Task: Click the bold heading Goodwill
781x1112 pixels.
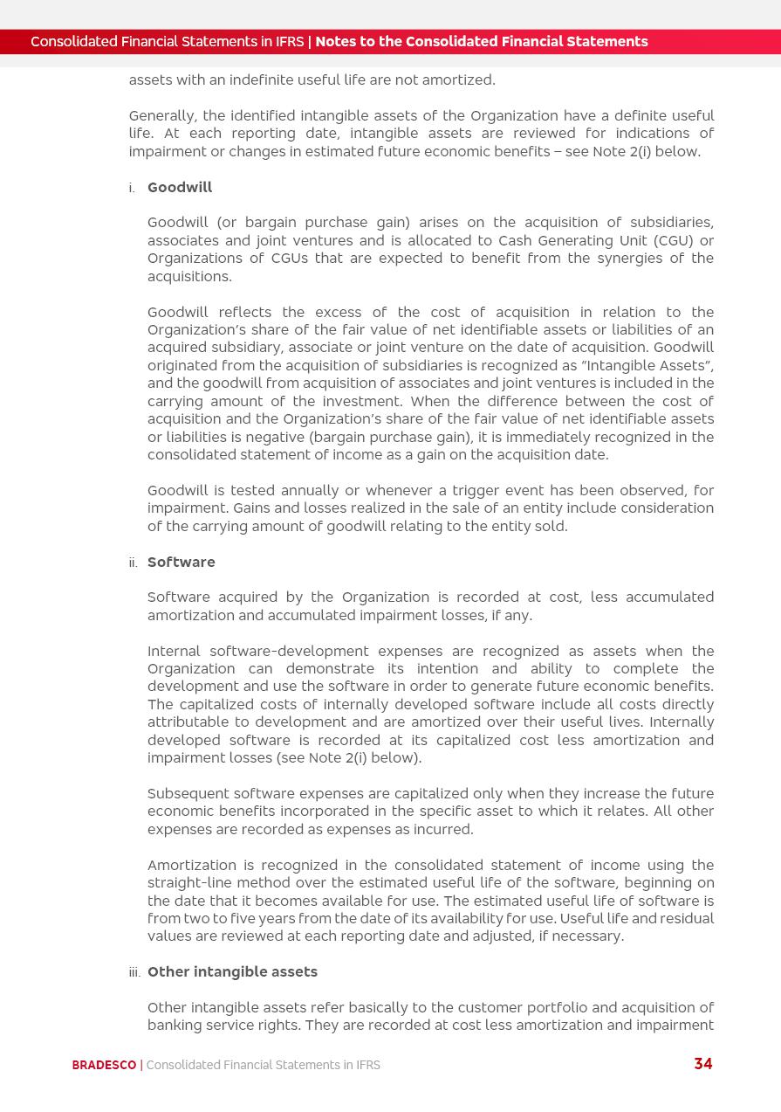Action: (180, 188)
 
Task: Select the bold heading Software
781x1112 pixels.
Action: (181, 563)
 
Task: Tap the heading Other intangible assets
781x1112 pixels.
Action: (232, 972)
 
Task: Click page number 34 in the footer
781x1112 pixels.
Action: (702, 1064)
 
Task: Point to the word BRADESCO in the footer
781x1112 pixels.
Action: (104, 1065)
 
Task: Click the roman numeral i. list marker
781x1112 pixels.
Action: (132, 189)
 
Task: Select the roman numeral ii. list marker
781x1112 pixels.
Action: (133, 563)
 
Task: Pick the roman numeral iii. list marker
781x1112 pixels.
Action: (134, 973)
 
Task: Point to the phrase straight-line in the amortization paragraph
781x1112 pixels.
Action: (184, 883)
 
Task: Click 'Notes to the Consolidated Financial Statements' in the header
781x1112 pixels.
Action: (481, 42)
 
